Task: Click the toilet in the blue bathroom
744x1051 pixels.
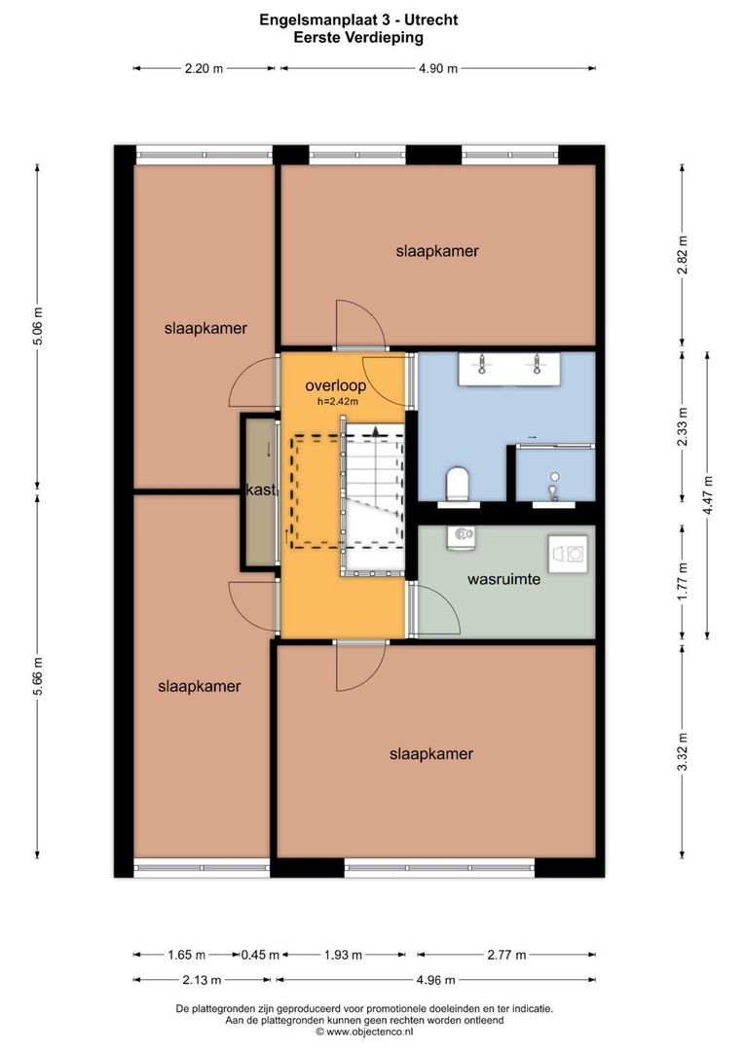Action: (457, 484)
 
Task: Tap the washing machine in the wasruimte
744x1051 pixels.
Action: (569, 554)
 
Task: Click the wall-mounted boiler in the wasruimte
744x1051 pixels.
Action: (462, 535)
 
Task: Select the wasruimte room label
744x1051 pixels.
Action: (503, 579)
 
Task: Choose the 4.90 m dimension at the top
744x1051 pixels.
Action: (437, 68)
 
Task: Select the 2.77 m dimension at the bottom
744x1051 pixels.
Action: (505, 955)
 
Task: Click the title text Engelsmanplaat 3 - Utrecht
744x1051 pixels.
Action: (358, 18)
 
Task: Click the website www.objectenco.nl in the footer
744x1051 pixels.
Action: (369, 1032)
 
